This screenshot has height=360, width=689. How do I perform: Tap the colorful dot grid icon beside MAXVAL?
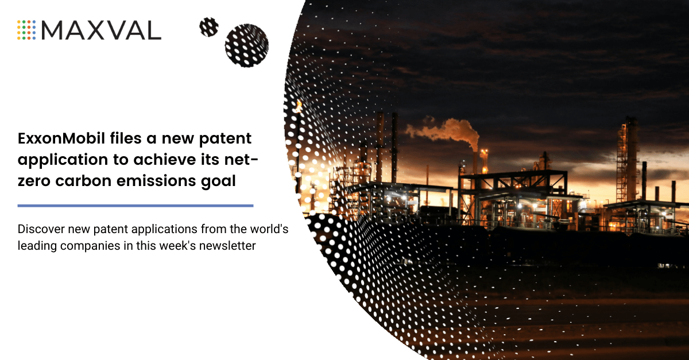26,29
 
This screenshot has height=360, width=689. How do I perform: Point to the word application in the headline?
54,160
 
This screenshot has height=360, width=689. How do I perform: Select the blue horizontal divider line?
136,205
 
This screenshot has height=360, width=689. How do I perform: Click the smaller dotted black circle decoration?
209,27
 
